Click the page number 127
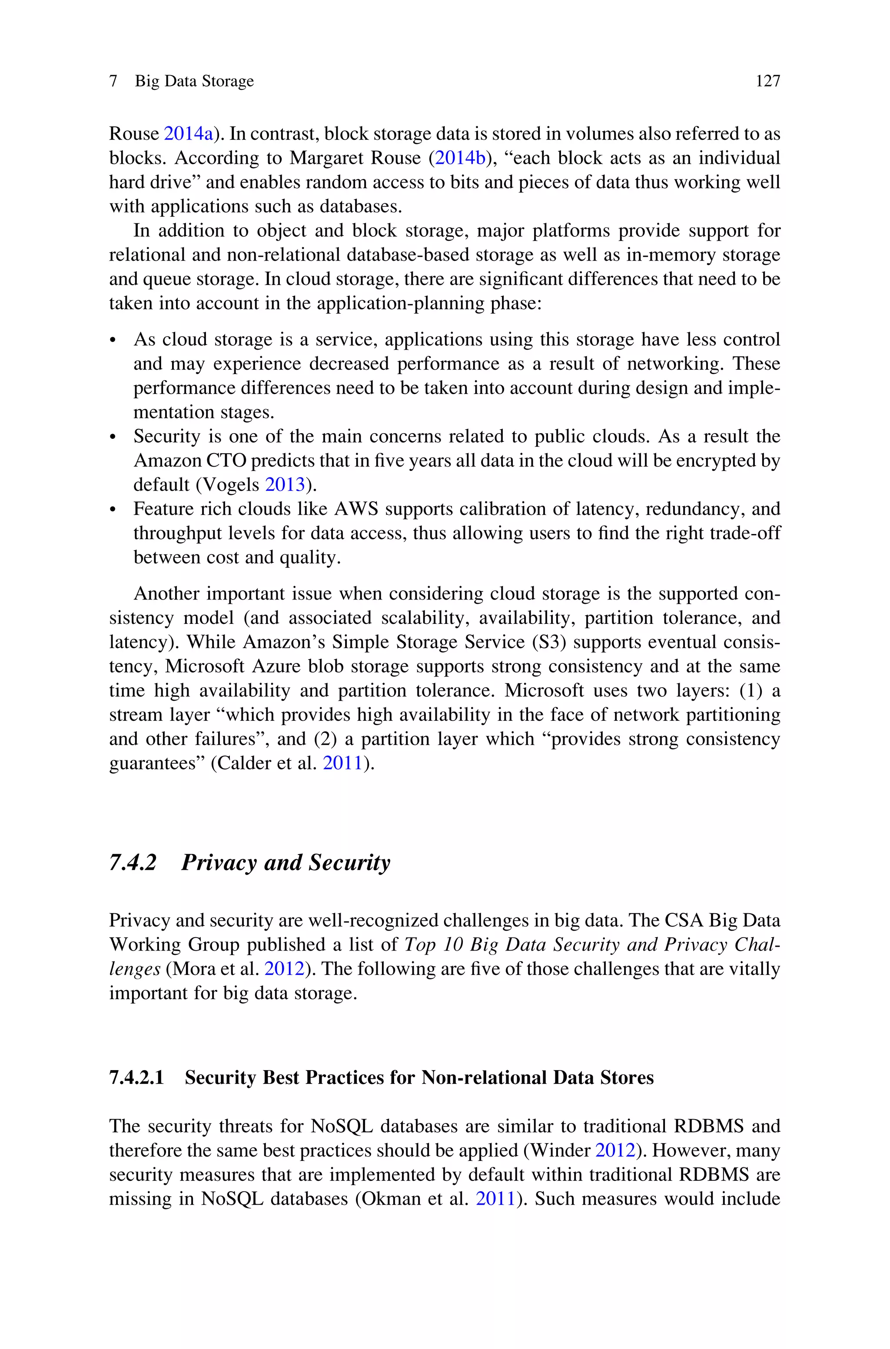pos(767,82)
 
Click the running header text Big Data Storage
pos(194,82)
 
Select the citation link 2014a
pos(189,134)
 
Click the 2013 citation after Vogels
pos(286,485)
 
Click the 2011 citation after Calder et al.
pos(343,763)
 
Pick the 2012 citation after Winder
pos(615,1150)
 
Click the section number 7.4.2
pos(132,862)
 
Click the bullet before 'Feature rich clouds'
pos(113,510)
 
